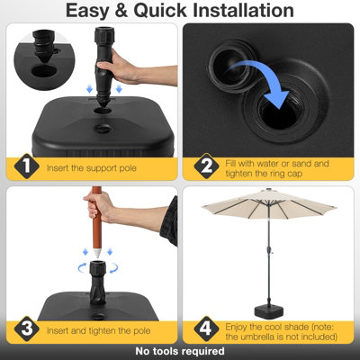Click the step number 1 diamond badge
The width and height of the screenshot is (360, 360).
pyautogui.click(x=27, y=166)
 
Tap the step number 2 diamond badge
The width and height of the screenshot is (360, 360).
pyautogui.click(x=206, y=166)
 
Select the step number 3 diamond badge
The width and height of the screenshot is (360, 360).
pyautogui.click(x=27, y=328)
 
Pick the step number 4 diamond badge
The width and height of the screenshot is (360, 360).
pyautogui.click(x=206, y=328)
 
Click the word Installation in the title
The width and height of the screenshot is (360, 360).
pyautogui.click(x=243, y=10)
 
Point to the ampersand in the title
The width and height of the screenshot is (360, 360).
pyautogui.click(x=121, y=11)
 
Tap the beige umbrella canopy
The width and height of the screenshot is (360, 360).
pyautogui.click(x=269, y=203)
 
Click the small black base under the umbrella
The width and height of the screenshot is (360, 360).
pyautogui.click(x=269, y=311)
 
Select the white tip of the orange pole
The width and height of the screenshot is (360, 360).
pyautogui.click(x=97, y=252)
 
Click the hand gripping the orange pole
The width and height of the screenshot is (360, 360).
pyautogui.click(x=97, y=206)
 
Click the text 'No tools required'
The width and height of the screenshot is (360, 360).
pyautogui.click(x=180, y=351)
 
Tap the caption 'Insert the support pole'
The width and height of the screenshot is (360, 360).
pyautogui.click(x=92, y=168)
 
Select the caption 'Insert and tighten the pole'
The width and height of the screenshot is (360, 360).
pyautogui.click(x=98, y=331)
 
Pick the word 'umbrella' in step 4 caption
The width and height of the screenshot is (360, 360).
pyautogui.click(x=254, y=337)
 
